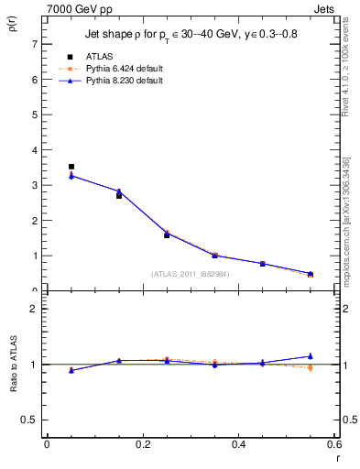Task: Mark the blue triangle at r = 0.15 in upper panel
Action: (x=118, y=191)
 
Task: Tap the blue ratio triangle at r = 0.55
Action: (x=310, y=355)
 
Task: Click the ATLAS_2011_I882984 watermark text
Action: (x=191, y=273)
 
